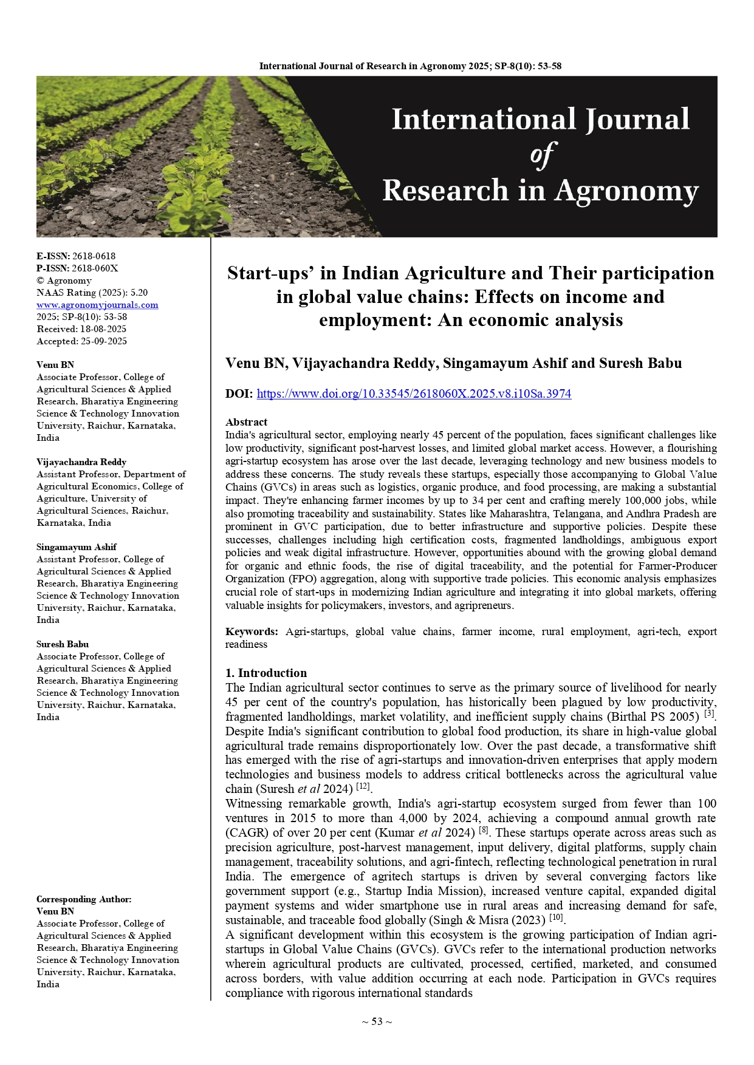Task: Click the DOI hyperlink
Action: pyautogui.click(x=414, y=393)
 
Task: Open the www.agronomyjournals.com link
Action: pyautogui.click(x=97, y=305)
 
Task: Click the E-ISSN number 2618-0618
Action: pyautogui.click(x=94, y=256)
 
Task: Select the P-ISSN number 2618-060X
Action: pyautogui.click(x=95, y=268)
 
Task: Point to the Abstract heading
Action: pyautogui.click(x=246, y=422)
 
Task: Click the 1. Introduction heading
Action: pyautogui.click(x=266, y=673)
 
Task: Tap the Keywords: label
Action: pyautogui.click(x=252, y=631)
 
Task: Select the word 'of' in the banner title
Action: pyautogui.click(x=541, y=155)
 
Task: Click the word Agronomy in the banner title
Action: pyautogui.click(x=626, y=191)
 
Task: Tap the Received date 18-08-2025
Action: pyautogui.click(x=103, y=329)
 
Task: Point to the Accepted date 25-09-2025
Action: pyautogui.click(x=104, y=341)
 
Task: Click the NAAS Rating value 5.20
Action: pyautogui.click(x=139, y=293)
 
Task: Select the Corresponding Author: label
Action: pyautogui.click(x=84, y=899)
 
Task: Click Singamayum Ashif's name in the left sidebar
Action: pyautogui.click(x=77, y=547)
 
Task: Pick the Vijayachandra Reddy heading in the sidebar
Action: pyautogui.click(x=81, y=462)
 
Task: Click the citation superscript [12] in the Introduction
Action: pyautogui.click(x=363, y=786)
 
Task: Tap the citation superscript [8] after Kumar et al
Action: pyautogui.click(x=484, y=830)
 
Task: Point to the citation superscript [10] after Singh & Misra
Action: pyautogui.click(x=556, y=917)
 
